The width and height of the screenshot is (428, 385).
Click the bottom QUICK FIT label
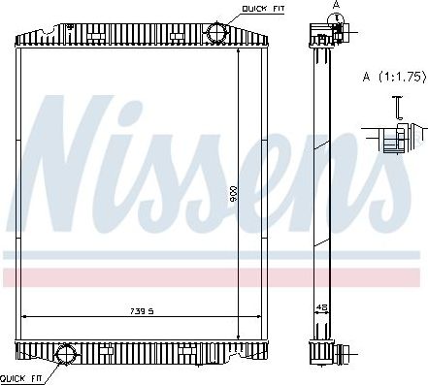(18, 376)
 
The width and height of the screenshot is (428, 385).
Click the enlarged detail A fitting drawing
(393, 137)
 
